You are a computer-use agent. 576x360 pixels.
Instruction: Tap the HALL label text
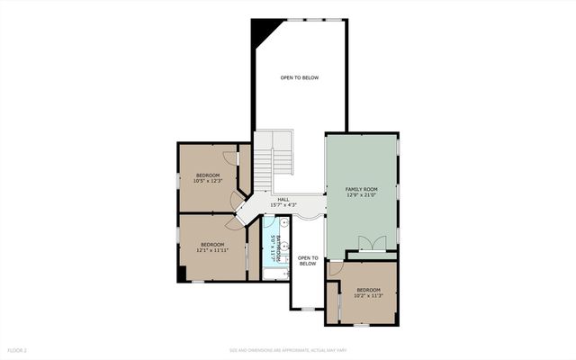tap(283, 199)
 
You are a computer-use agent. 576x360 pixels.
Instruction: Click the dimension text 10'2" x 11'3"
tap(368, 295)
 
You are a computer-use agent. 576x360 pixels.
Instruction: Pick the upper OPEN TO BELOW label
tap(299, 77)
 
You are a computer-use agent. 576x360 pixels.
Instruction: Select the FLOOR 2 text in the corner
tap(18, 349)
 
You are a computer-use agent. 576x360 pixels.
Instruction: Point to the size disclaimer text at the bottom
tap(287, 349)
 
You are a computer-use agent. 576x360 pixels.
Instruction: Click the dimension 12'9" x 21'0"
tap(360, 194)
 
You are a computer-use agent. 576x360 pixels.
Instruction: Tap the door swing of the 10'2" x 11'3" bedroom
tap(335, 268)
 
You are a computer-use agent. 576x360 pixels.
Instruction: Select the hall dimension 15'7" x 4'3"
tap(283, 205)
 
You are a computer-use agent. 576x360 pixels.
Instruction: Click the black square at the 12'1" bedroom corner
tap(183, 275)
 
